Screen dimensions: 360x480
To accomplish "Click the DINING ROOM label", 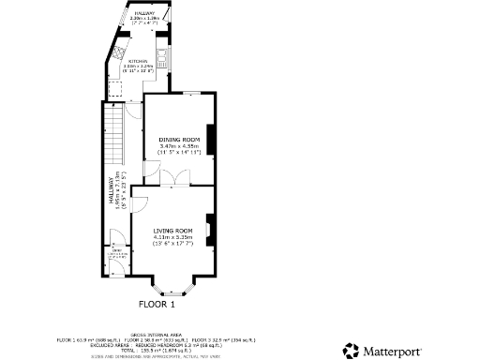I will click(175, 140).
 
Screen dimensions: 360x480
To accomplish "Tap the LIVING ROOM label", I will click(173, 231).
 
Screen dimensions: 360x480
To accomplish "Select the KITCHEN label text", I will click(139, 60).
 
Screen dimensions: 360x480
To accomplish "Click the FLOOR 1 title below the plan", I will click(157, 304).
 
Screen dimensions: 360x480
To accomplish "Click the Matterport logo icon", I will click(351, 351).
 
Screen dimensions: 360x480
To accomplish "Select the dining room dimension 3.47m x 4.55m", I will click(176, 146).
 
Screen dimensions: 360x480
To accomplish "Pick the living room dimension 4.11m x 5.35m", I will click(173, 238).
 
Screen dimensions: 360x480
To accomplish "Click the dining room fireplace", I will click(212, 140).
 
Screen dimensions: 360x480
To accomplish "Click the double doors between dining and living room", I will click(174, 178).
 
